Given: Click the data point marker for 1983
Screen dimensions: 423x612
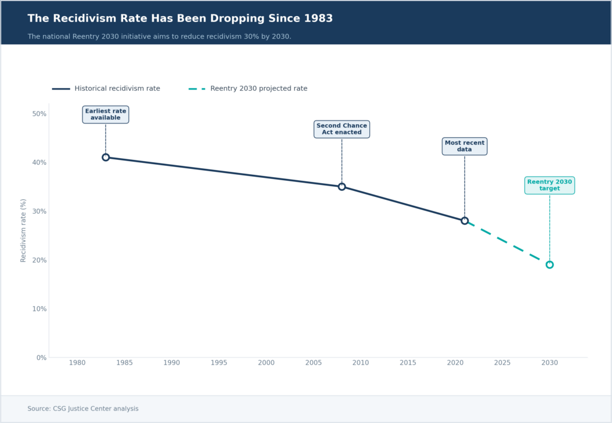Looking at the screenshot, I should pos(106,158).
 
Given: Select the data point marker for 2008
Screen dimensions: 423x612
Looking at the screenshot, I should pos(342,187).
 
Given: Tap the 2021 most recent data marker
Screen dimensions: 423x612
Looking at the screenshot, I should pos(464,221).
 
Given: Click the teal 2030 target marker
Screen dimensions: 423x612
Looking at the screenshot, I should pos(550,265).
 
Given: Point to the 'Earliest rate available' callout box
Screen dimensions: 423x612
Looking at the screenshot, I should pos(106,115).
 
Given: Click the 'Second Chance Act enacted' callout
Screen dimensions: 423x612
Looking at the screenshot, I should pos(342,129).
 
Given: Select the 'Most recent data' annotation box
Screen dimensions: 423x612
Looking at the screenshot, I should pos(464,146).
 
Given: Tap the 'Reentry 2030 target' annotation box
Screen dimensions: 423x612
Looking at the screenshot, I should pos(550,185).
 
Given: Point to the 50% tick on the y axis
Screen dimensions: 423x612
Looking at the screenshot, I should pos(39,114).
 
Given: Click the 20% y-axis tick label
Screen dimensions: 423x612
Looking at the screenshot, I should pos(39,260).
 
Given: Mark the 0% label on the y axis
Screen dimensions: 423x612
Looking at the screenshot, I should pos(41,358).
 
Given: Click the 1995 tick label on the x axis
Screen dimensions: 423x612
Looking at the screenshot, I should pos(219,363).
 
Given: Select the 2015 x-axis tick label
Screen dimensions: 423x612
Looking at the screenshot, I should pos(408,363).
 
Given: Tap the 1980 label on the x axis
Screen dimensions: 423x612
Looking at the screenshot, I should pos(77,363).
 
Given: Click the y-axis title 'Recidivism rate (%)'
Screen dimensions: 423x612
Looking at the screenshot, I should pos(24,230).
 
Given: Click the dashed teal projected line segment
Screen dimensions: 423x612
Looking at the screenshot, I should pos(507,243).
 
